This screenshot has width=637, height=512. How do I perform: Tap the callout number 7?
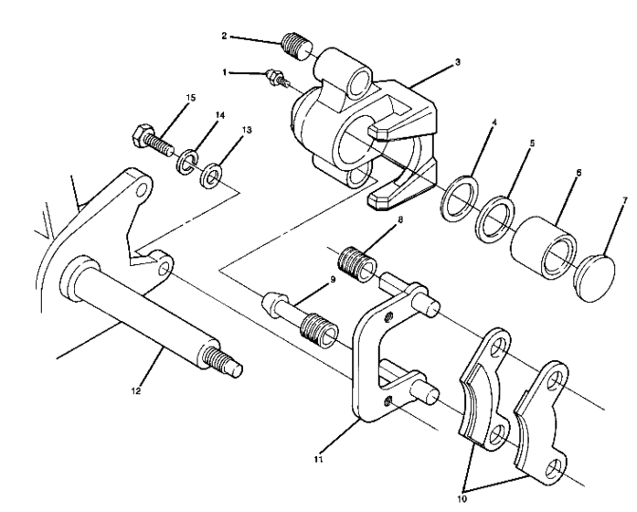pos(625,197)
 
